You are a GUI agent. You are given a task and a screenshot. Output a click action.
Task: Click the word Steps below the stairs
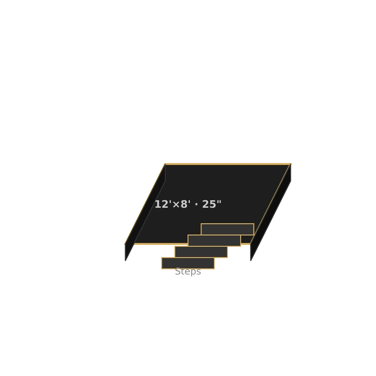188,272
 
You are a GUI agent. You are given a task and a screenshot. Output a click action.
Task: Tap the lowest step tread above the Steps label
188,263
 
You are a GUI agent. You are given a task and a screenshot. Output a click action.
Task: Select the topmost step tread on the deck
227,229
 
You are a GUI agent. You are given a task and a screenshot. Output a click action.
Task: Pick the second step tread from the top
214,241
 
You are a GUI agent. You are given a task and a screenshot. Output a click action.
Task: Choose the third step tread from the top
201,252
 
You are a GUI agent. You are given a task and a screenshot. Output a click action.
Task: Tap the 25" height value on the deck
211,204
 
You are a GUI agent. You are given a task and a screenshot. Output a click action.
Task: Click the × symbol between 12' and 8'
176,205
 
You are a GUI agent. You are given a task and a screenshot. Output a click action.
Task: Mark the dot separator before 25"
196,204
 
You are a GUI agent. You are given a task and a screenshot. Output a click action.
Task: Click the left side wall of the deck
145,212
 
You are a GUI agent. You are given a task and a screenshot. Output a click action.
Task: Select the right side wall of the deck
271,212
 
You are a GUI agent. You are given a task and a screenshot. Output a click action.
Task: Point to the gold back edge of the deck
228,164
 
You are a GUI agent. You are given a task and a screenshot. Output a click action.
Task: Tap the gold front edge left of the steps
161,244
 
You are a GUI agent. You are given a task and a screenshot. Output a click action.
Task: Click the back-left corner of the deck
165,164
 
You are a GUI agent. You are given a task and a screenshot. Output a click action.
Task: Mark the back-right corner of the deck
291,164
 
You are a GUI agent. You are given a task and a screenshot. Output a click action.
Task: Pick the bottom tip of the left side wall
125,261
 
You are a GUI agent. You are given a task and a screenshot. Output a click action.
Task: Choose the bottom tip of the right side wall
251,261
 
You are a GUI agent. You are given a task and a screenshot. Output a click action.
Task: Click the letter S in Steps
178,272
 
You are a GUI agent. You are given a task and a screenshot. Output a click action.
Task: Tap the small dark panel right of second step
247,239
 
